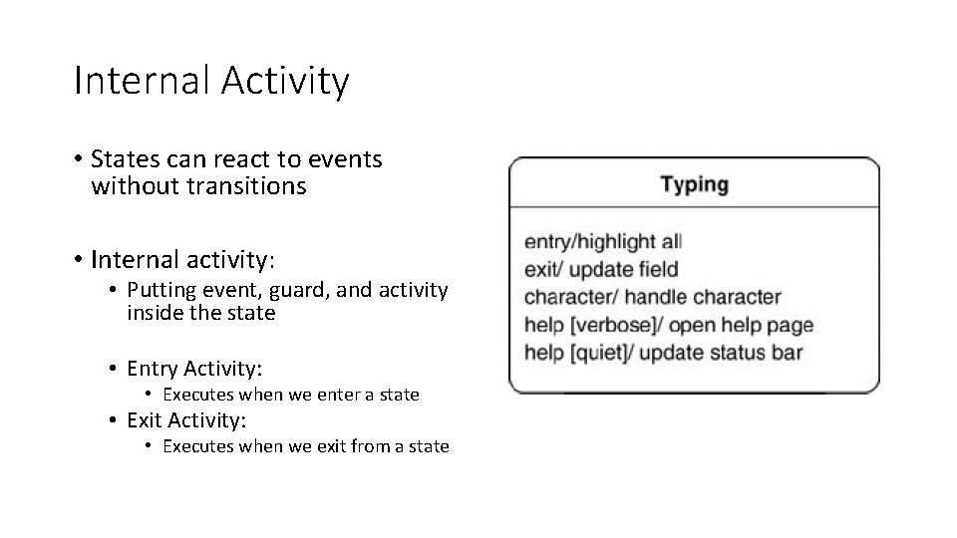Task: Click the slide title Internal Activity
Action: click(x=211, y=81)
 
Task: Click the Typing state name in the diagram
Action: click(x=695, y=184)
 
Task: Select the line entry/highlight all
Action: click(x=603, y=241)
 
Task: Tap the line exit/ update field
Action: click(x=601, y=269)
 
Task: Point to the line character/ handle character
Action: click(x=652, y=297)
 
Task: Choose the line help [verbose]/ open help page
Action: click(x=668, y=325)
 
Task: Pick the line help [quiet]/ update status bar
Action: click(x=663, y=353)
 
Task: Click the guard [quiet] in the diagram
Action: click(x=596, y=353)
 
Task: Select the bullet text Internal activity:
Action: click(x=181, y=260)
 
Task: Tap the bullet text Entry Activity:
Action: click(x=194, y=368)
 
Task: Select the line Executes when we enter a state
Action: click(x=290, y=395)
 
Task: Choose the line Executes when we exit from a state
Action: click(x=305, y=446)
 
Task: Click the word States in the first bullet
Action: click(x=120, y=159)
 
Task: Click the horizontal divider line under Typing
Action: click(x=695, y=207)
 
